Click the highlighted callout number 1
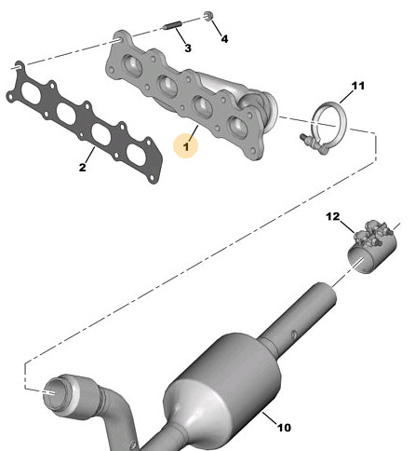point(186,146)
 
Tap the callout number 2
point(82,168)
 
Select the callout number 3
point(188,48)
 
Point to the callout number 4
point(224,39)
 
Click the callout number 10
point(284,428)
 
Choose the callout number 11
point(358,86)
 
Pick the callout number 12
point(333,216)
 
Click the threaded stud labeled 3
point(172,26)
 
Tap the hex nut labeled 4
point(208,16)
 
